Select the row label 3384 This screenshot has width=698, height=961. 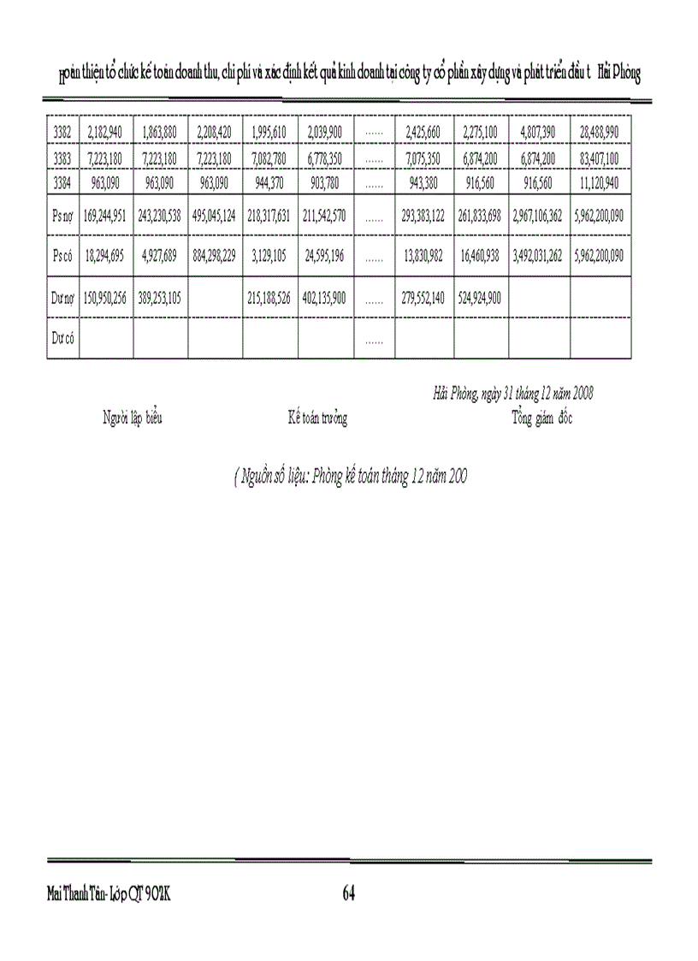point(62,182)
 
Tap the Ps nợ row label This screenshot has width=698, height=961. point(62,217)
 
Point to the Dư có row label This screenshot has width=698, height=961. point(62,340)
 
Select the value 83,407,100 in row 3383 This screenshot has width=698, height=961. point(600,158)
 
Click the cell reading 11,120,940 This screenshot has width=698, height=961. point(600,182)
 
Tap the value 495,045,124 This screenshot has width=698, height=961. point(215,217)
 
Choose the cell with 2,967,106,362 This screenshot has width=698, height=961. point(538,217)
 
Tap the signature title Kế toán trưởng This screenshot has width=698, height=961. point(317,418)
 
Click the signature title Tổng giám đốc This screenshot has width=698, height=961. point(542,418)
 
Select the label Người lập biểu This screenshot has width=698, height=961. point(133,418)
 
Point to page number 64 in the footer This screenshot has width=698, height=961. point(348,894)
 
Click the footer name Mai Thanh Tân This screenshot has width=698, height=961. point(76,894)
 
